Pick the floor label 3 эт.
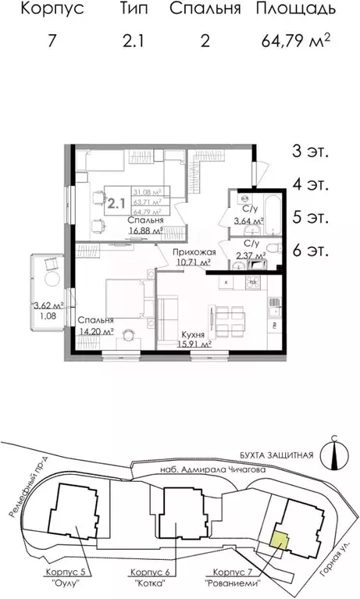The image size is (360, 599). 310,152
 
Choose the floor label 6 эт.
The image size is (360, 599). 310,251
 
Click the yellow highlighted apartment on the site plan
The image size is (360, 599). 278,538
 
